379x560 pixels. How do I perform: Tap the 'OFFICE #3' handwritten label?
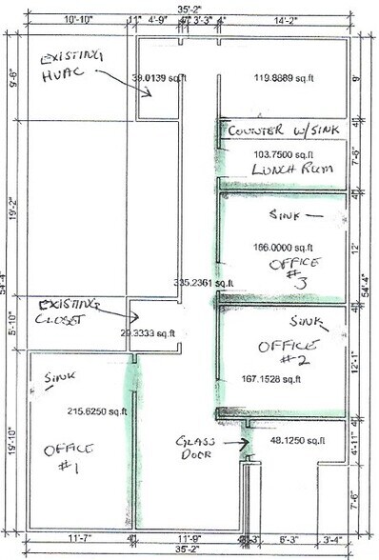tap(296, 270)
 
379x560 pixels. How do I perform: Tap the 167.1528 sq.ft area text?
tap(270, 378)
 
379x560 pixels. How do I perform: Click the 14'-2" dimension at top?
tap(287, 18)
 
